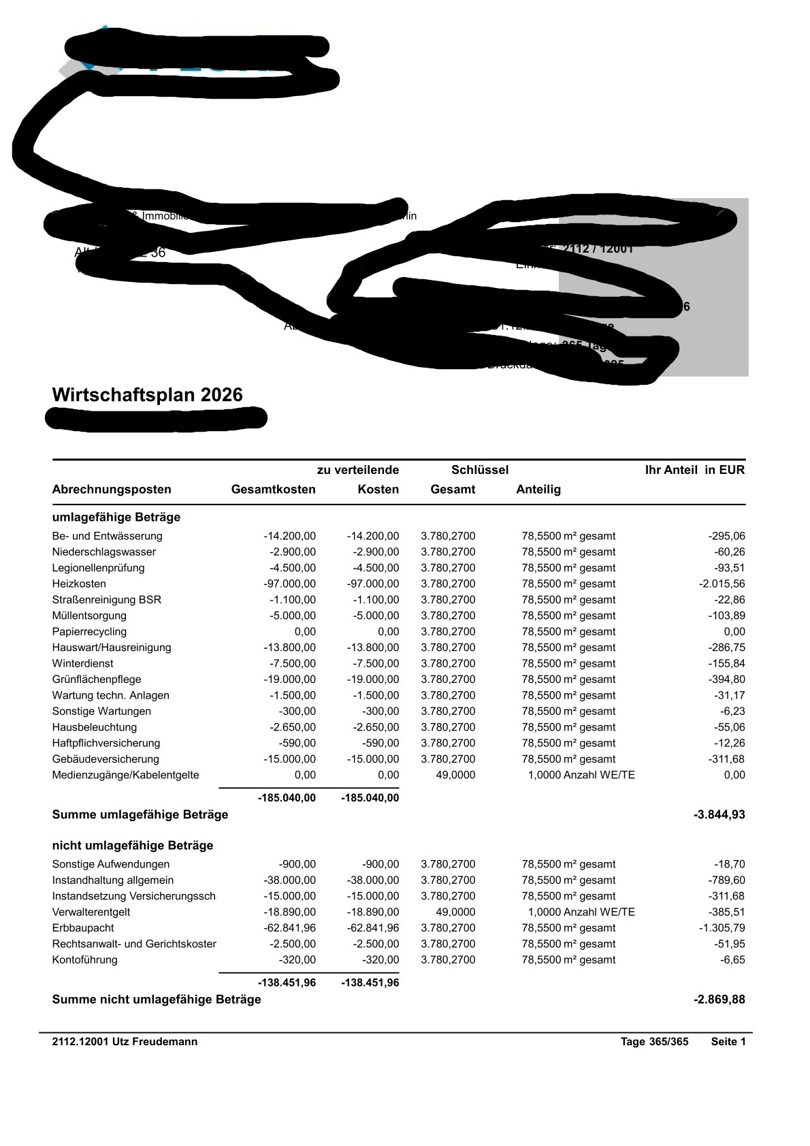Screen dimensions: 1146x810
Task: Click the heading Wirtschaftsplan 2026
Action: [x=147, y=395]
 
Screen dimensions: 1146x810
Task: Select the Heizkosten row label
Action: [x=79, y=584]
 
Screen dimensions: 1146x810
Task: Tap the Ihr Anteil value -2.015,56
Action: [x=722, y=584]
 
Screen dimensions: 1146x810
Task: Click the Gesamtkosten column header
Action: [x=273, y=490]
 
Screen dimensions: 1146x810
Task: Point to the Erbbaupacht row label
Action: [x=83, y=928]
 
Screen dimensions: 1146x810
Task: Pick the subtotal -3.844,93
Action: [x=719, y=814]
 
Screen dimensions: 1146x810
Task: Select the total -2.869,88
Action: [x=719, y=1000]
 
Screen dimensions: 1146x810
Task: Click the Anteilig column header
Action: [x=538, y=490]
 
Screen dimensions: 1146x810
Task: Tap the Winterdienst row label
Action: [x=83, y=663]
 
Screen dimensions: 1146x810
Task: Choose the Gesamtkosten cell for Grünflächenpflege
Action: [x=290, y=680]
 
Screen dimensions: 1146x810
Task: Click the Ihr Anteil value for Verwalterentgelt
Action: [x=727, y=912]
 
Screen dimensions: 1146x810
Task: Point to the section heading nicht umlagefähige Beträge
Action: [x=133, y=846]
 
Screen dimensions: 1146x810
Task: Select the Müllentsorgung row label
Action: [x=89, y=616]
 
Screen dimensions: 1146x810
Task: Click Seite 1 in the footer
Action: [x=728, y=1042]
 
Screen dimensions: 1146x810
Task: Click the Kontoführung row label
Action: [x=84, y=960]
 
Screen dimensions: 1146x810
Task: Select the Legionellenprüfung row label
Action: [x=98, y=568]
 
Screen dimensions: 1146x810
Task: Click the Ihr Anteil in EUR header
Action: [x=694, y=470]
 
